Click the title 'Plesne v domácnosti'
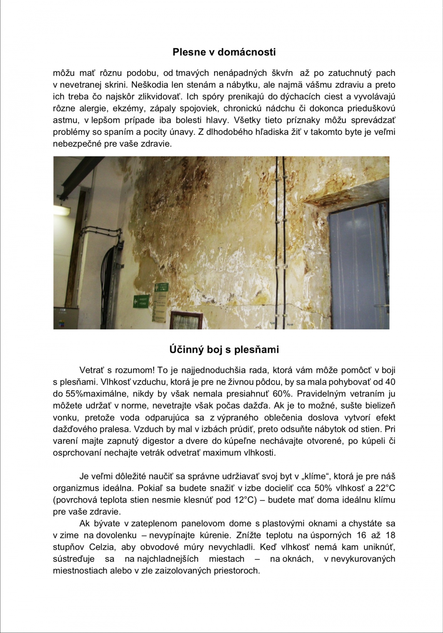(x=224, y=52)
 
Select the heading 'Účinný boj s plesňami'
(x=224, y=349)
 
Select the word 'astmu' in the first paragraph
(x=64, y=120)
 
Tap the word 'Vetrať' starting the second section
(x=92, y=370)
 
